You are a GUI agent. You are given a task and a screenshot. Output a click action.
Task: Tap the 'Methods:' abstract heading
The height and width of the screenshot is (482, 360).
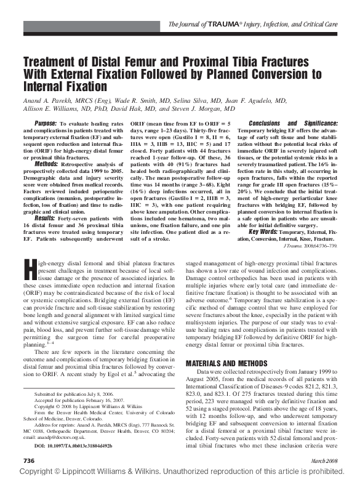click(47, 163)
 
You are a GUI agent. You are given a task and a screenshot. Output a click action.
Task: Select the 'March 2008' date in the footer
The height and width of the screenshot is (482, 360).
click(324, 460)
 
